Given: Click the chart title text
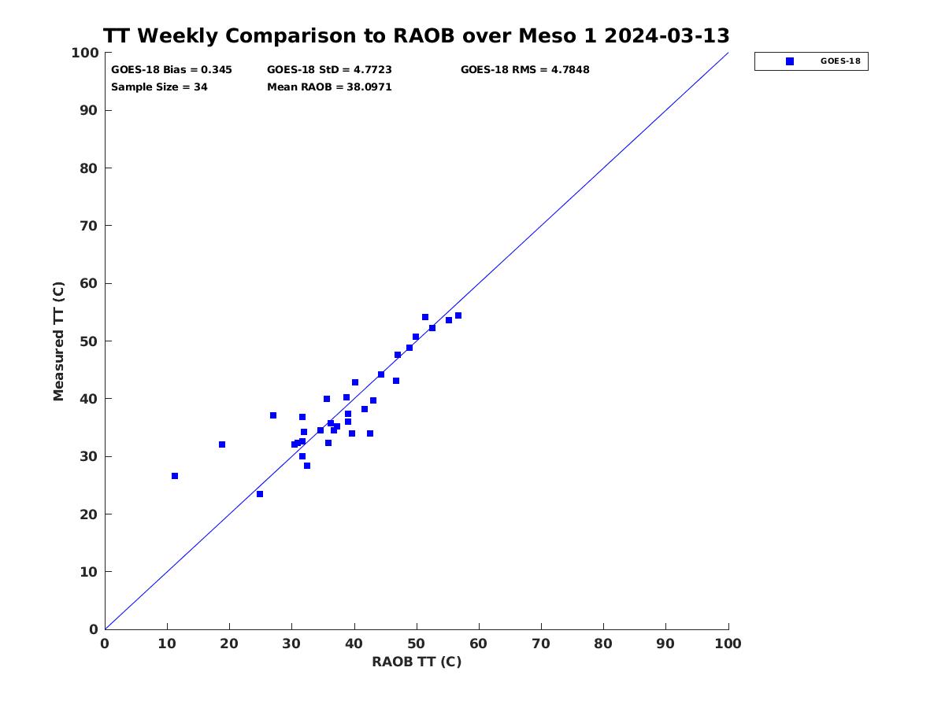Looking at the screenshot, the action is (416, 36).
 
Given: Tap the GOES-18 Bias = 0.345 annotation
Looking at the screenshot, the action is (172, 70).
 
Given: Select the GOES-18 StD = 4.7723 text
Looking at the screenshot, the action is (329, 70).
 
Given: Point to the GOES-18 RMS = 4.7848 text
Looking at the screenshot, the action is (524, 70).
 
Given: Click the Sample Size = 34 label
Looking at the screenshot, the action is (159, 87).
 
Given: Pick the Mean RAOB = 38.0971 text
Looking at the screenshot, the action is (329, 87).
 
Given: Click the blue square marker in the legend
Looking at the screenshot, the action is (790, 61).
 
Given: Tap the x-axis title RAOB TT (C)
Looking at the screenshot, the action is (417, 662).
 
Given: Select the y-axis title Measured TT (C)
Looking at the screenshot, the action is (58, 341).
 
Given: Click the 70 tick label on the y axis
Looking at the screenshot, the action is (89, 226).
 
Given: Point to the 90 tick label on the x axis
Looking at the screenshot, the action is (665, 643).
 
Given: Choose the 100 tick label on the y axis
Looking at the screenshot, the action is (85, 53).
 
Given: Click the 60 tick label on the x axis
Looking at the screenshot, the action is (478, 643).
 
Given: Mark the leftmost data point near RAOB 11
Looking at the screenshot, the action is (175, 476).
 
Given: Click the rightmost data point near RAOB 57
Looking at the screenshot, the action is (458, 315).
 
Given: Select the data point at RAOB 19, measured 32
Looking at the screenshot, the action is (222, 444).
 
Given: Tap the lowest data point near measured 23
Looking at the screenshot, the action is (260, 494).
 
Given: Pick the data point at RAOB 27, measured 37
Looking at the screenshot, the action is (273, 415).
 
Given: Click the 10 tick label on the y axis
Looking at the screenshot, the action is (89, 572).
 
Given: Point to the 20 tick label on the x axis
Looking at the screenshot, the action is (229, 643).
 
